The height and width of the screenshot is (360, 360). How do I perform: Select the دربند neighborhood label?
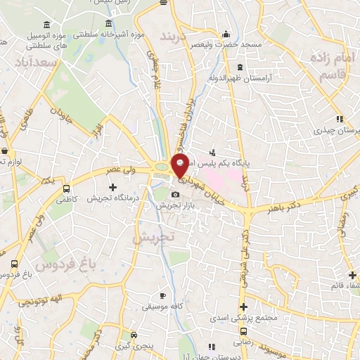click(176, 36)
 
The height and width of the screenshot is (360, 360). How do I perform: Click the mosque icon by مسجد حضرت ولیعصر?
click(226, 34)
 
